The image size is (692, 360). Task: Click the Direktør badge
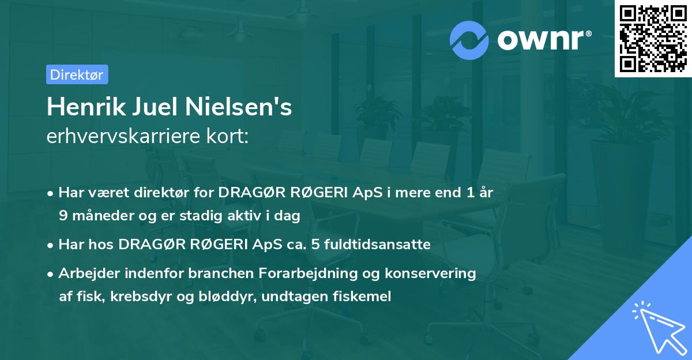pyautogui.click(x=77, y=74)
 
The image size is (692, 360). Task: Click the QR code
pyautogui.click(x=653, y=38)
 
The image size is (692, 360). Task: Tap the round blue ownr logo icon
pyautogui.click(x=469, y=40)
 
